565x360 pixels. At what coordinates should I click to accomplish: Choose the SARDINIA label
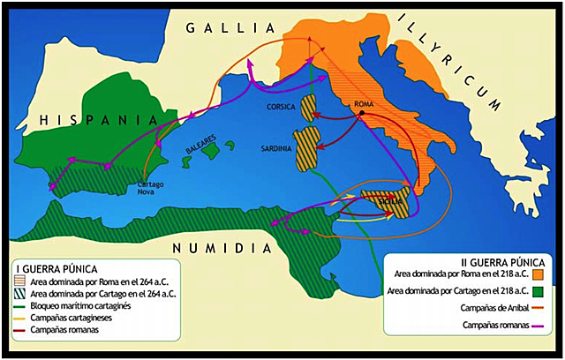click(x=278, y=149)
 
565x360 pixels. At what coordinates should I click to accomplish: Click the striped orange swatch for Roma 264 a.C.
click(x=22, y=281)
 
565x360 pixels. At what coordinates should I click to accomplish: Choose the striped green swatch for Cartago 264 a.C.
click(x=22, y=293)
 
